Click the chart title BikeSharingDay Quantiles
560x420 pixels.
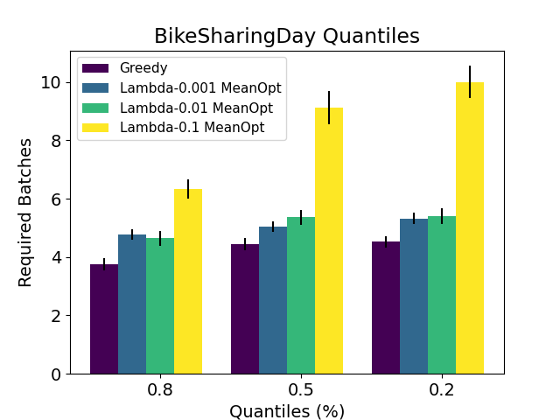[286, 36]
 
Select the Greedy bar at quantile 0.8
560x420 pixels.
[104, 319]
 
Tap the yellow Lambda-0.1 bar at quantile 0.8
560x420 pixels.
[188, 282]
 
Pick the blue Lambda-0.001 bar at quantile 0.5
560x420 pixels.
[273, 300]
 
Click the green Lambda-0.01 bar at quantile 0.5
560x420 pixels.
[301, 296]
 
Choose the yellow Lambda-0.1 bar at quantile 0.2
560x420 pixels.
[470, 228]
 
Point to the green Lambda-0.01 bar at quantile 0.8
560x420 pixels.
[160, 306]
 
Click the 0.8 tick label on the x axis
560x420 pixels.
[160, 390]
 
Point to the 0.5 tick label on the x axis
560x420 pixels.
[301, 390]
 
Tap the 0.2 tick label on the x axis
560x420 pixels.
[442, 390]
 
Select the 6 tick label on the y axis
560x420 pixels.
[57, 199]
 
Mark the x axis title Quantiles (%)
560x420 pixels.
[287, 410]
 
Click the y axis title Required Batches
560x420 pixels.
[25, 212]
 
